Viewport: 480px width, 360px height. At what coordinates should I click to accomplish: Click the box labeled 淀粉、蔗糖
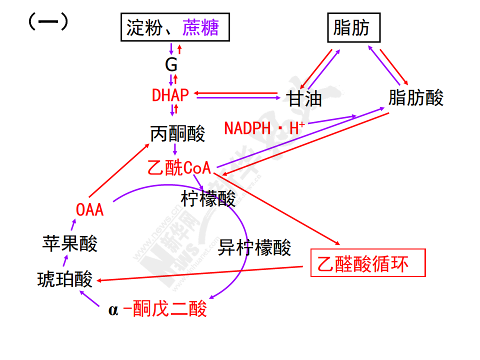(x=175, y=27)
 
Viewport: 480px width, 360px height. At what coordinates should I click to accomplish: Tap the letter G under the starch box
(x=171, y=64)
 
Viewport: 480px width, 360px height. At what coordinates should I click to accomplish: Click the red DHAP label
(x=170, y=95)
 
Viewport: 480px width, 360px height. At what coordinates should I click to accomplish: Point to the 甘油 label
(x=304, y=98)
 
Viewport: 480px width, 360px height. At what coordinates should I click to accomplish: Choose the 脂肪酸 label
(x=415, y=97)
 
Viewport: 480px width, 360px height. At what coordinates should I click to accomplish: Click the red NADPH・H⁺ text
(x=264, y=128)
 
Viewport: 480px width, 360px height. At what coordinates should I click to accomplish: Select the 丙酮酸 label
(x=177, y=134)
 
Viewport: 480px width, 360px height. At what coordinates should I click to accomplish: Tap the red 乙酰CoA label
(x=179, y=168)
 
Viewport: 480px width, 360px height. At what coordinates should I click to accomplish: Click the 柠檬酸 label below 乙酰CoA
(x=208, y=199)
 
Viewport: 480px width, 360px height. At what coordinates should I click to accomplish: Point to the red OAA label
(x=90, y=209)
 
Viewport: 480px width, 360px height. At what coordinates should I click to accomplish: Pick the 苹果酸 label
(x=70, y=243)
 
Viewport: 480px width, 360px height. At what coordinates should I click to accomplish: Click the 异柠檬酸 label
(x=254, y=247)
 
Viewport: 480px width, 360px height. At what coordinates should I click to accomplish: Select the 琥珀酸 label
(x=65, y=279)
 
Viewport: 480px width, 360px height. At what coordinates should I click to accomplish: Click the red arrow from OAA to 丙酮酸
(x=119, y=170)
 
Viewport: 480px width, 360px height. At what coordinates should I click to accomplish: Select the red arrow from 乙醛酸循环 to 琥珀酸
(x=200, y=273)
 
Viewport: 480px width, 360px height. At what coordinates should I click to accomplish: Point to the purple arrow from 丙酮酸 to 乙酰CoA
(x=175, y=149)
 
